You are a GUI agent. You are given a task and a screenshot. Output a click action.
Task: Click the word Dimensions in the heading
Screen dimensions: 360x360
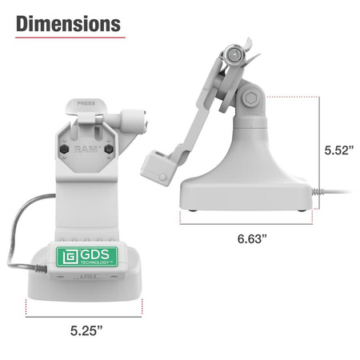[x=69, y=23]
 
